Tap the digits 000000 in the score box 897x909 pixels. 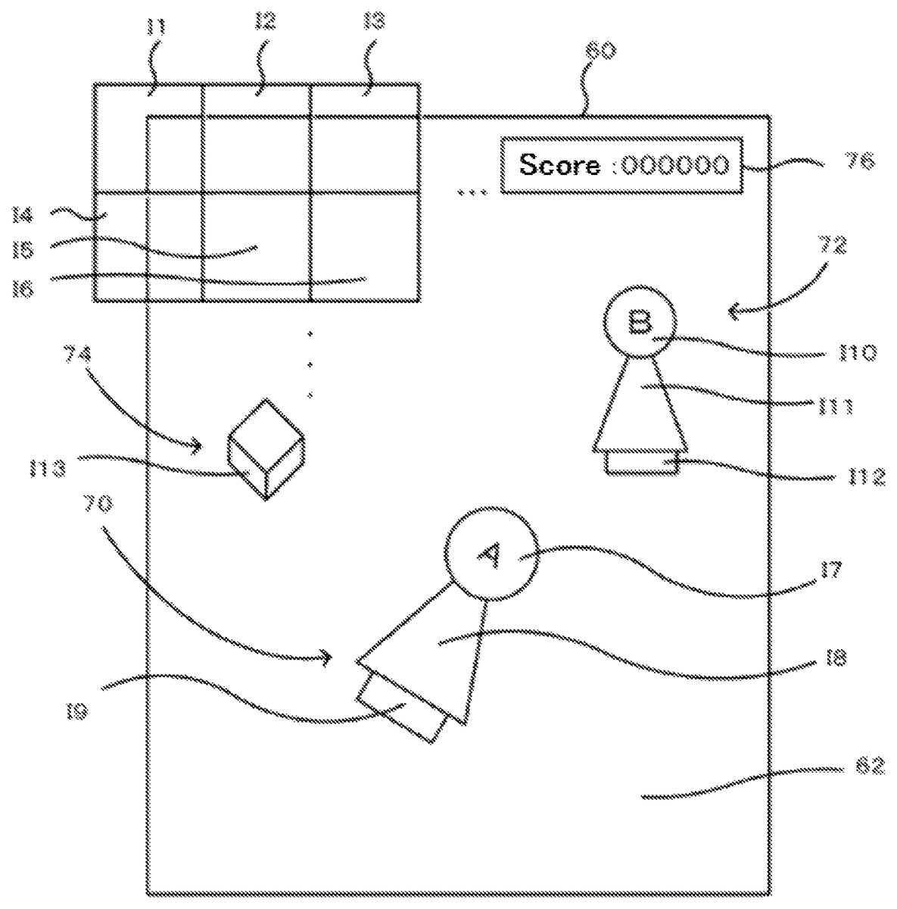(x=675, y=164)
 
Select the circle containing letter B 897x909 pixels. (x=638, y=325)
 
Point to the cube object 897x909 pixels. (x=266, y=449)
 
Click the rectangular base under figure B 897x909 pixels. (x=643, y=462)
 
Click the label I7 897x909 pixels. (x=830, y=570)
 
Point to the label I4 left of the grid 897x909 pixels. (x=23, y=216)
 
